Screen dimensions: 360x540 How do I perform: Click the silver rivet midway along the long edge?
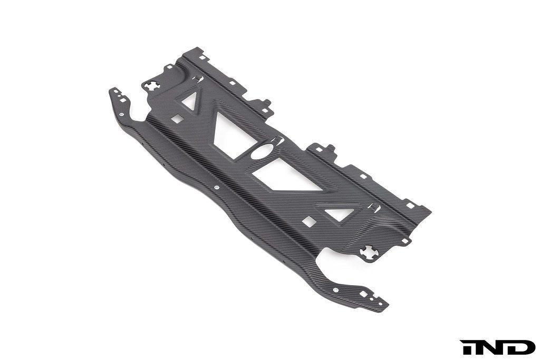[217, 186]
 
